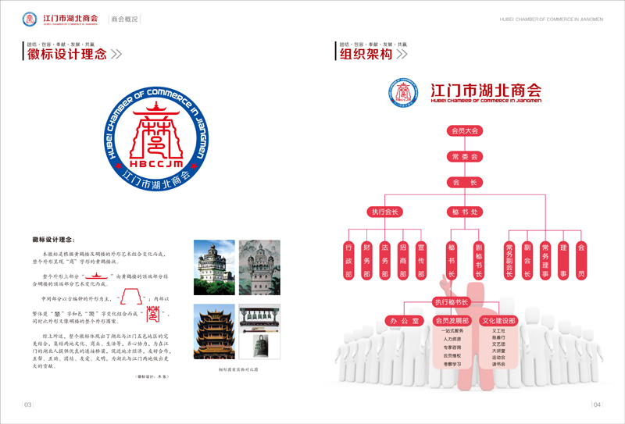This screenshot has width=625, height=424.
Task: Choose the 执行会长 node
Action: pos(385,212)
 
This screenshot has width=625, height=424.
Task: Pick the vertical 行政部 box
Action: pos(348,260)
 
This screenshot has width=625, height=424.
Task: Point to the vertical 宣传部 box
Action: pos(420,260)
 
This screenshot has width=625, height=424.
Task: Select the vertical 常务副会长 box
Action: pos(509,260)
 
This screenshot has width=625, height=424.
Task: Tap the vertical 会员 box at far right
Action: pos(580,260)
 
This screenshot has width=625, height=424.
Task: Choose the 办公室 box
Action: pos(404,320)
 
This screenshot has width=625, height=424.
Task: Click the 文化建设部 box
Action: pos(498,320)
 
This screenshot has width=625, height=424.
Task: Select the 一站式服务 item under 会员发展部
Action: pos(451,331)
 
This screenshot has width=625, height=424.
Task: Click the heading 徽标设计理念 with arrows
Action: pos(70,54)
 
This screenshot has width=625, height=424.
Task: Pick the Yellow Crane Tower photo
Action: pos(212,332)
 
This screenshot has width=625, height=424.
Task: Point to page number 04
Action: pos(597,404)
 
